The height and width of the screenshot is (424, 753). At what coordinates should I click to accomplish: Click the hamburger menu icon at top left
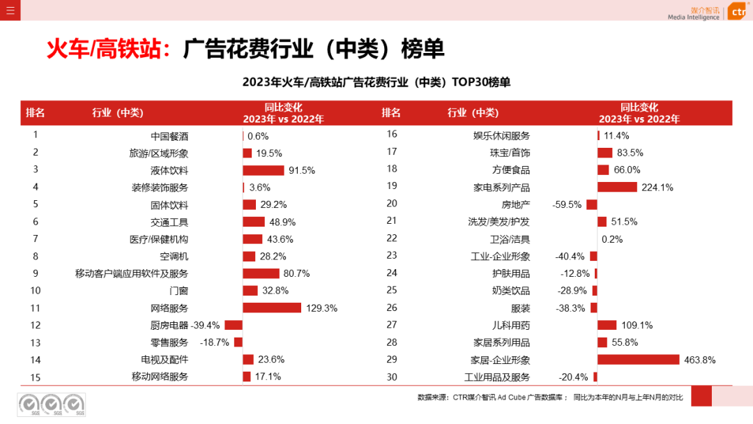coord(10,10)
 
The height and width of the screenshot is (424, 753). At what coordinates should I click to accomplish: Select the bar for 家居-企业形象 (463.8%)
coord(638,360)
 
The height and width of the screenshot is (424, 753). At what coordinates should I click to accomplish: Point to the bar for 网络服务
coord(272,308)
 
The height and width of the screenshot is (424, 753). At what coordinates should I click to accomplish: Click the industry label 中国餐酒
coord(169,136)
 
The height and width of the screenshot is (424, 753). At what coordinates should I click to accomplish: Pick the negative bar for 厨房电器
coord(234,325)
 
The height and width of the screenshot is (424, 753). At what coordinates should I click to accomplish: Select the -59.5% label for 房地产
coord(568,204)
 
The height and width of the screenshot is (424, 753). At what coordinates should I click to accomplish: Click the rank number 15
coord(36,377)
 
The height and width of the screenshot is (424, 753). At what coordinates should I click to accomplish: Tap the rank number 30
coord(392,377)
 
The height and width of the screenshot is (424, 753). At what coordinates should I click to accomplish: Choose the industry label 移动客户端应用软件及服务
coord(132,274)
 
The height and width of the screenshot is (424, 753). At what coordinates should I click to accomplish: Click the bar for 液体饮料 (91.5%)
coord(264,170)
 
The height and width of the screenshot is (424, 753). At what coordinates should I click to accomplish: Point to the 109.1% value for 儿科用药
coord(637,325)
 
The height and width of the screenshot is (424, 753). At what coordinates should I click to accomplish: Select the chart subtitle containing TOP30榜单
coord(376,82)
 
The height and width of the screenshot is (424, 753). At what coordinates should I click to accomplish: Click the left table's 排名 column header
coord(36,113)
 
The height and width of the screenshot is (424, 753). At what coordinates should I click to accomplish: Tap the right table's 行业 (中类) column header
coord(473,113)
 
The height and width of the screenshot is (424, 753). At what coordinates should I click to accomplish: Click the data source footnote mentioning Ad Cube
coord(550,397)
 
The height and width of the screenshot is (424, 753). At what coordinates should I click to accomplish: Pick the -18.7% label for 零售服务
coord(214,342)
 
